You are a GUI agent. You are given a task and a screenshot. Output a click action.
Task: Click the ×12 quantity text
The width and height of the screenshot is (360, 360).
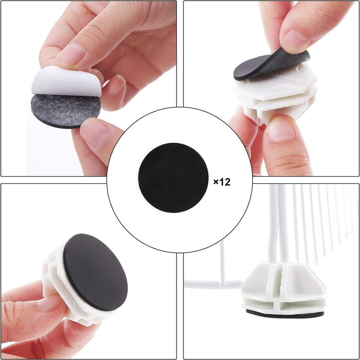(222, 182)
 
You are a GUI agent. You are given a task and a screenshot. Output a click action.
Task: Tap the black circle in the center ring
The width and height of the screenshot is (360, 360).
(174, 178)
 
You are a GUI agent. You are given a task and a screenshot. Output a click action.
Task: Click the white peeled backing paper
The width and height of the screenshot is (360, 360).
(66, 81)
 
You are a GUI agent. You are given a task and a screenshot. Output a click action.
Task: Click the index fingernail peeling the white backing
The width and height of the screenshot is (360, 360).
(71, 55)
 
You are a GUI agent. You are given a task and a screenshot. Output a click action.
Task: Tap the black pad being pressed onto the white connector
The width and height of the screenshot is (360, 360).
(271, 65)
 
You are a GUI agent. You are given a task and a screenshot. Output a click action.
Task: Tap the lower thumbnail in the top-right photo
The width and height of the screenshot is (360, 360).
(281, 129)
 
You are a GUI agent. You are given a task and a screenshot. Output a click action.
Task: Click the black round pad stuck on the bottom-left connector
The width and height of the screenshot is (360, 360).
(95, 272)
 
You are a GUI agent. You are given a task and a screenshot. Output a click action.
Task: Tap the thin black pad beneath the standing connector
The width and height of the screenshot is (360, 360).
(285, 314)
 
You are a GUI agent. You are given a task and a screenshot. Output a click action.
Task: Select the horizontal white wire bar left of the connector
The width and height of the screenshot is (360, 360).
(214, 284)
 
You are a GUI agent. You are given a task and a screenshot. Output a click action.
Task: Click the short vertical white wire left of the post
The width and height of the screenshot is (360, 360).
(222, 262)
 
